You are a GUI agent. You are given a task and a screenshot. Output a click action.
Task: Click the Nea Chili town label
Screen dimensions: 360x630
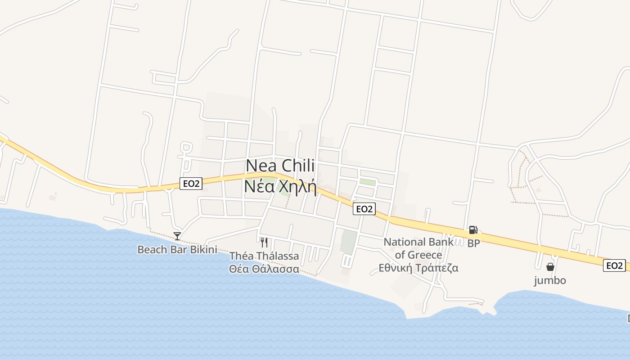280,166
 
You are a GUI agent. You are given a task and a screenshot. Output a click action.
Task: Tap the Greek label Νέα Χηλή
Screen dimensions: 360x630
280,186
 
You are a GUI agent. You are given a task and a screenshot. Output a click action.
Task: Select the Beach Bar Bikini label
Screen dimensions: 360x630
177,249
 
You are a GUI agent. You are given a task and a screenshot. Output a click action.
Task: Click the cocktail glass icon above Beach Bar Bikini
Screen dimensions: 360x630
177,236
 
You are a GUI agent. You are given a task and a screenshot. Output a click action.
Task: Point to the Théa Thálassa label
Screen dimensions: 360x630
264,256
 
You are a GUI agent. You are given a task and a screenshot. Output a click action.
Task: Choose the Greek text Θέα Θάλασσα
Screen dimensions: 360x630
264,269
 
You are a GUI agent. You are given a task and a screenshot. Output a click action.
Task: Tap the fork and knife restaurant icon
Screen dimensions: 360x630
264,243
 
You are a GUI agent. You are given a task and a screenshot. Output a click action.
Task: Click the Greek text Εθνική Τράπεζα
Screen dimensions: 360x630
418,268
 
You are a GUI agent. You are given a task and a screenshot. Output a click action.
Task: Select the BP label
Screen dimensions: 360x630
473,243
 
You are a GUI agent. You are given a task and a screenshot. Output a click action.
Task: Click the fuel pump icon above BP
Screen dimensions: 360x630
473,230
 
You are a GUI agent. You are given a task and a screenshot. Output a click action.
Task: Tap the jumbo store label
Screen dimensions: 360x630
550,280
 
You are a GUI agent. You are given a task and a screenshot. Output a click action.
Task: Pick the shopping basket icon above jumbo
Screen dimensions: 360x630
550,267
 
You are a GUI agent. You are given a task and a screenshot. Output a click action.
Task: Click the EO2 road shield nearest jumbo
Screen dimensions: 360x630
614,265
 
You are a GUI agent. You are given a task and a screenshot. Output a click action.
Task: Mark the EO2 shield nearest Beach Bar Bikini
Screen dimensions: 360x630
191,183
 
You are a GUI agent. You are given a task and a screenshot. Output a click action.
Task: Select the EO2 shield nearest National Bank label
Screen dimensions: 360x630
364,209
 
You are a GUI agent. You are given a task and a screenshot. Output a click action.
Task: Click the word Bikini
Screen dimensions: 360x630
203,249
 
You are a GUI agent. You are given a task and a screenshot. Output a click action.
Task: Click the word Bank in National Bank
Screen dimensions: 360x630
441,242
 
